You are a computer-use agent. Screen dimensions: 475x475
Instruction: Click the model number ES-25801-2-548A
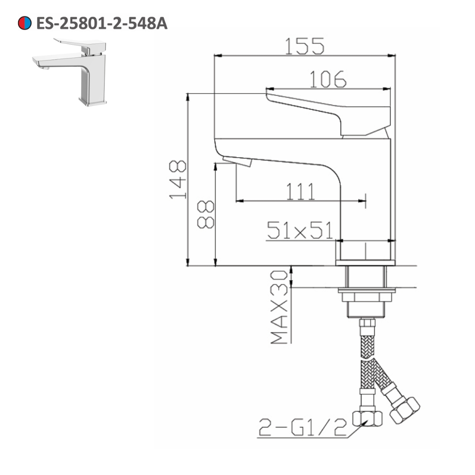tap(101, 23)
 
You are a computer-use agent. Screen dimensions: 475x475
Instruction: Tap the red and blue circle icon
tap(25, 23)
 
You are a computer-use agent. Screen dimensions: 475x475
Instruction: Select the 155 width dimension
tap(304, 46)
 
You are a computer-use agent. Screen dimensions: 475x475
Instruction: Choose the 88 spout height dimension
tap(206, 215)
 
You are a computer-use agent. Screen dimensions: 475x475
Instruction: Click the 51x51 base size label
tap(299, 230)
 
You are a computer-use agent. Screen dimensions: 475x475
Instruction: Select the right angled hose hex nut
tap(405, 410)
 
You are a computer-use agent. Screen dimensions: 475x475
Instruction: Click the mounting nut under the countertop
tap(366, 295)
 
